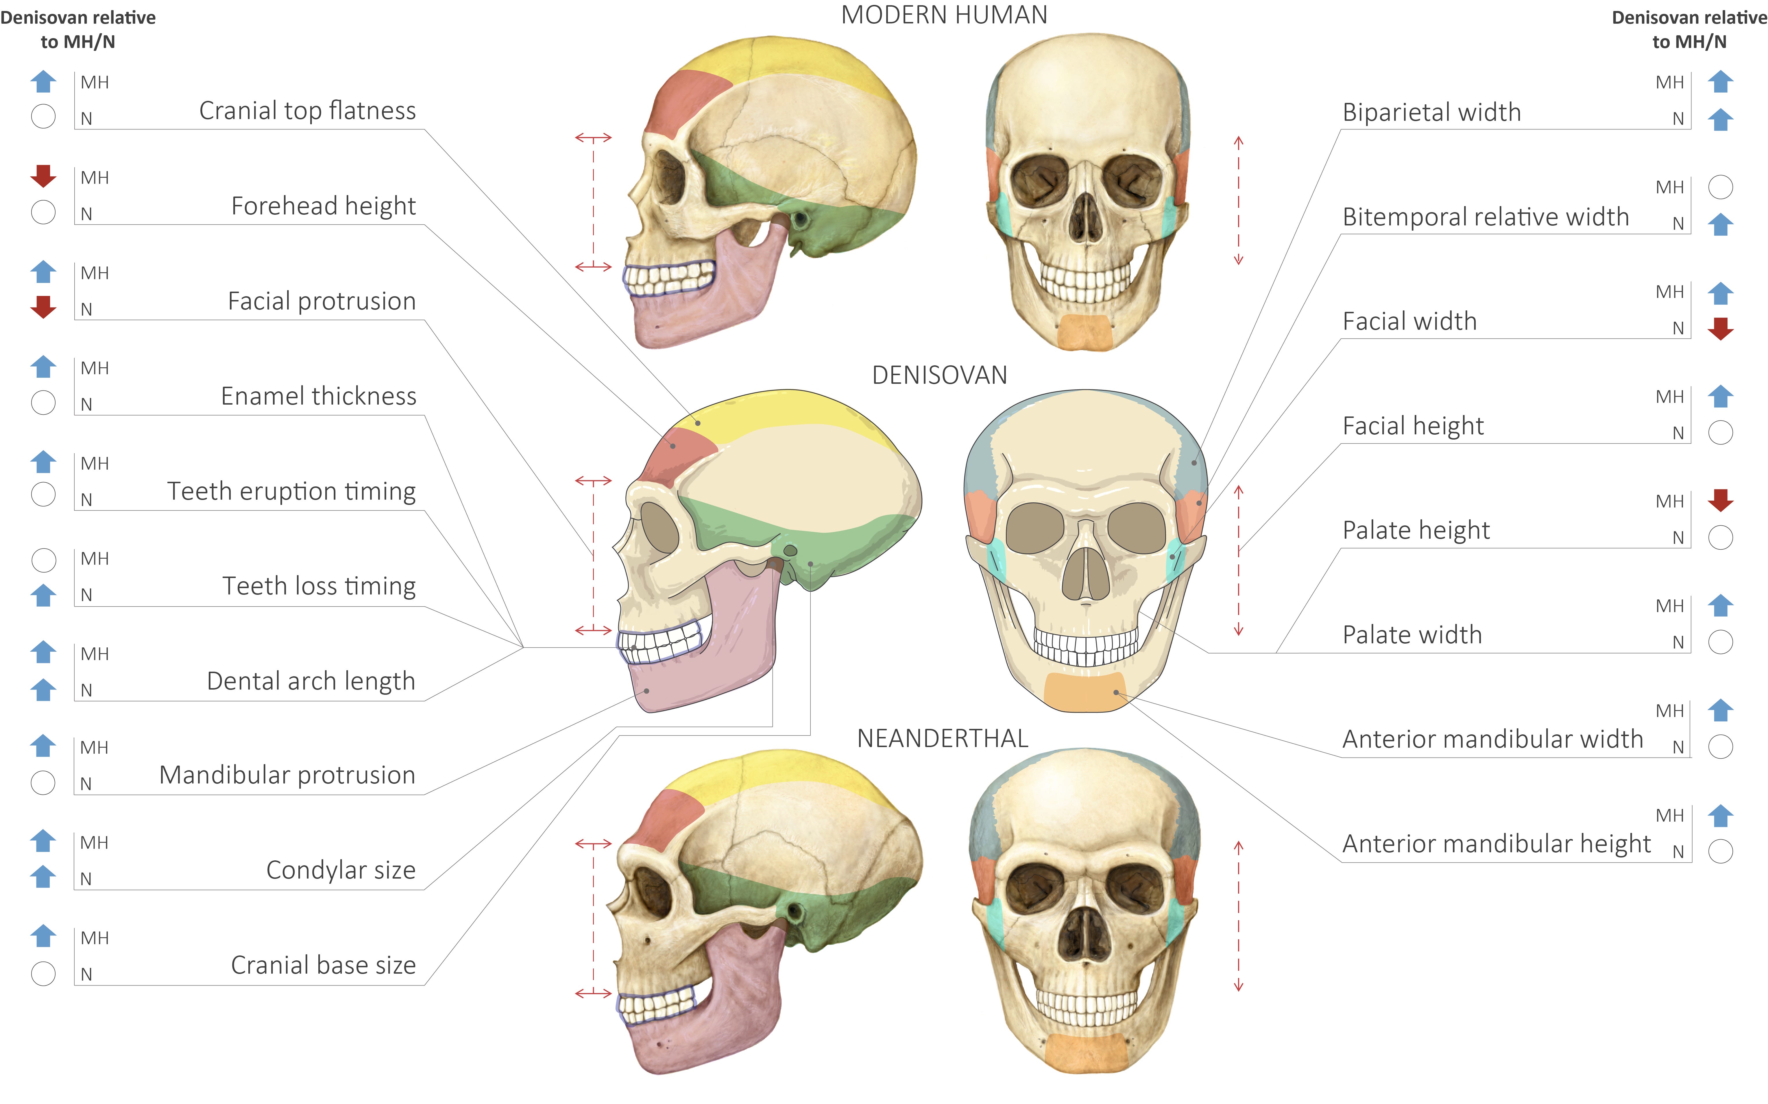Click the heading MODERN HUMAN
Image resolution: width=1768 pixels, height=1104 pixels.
point(943,15)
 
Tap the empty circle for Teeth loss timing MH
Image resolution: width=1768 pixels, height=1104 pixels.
point(43,560)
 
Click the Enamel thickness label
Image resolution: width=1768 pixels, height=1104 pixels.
point(318,396)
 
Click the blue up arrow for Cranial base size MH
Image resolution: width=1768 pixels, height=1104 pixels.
point(43,935)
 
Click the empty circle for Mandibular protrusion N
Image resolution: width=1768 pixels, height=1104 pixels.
point(43,783)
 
